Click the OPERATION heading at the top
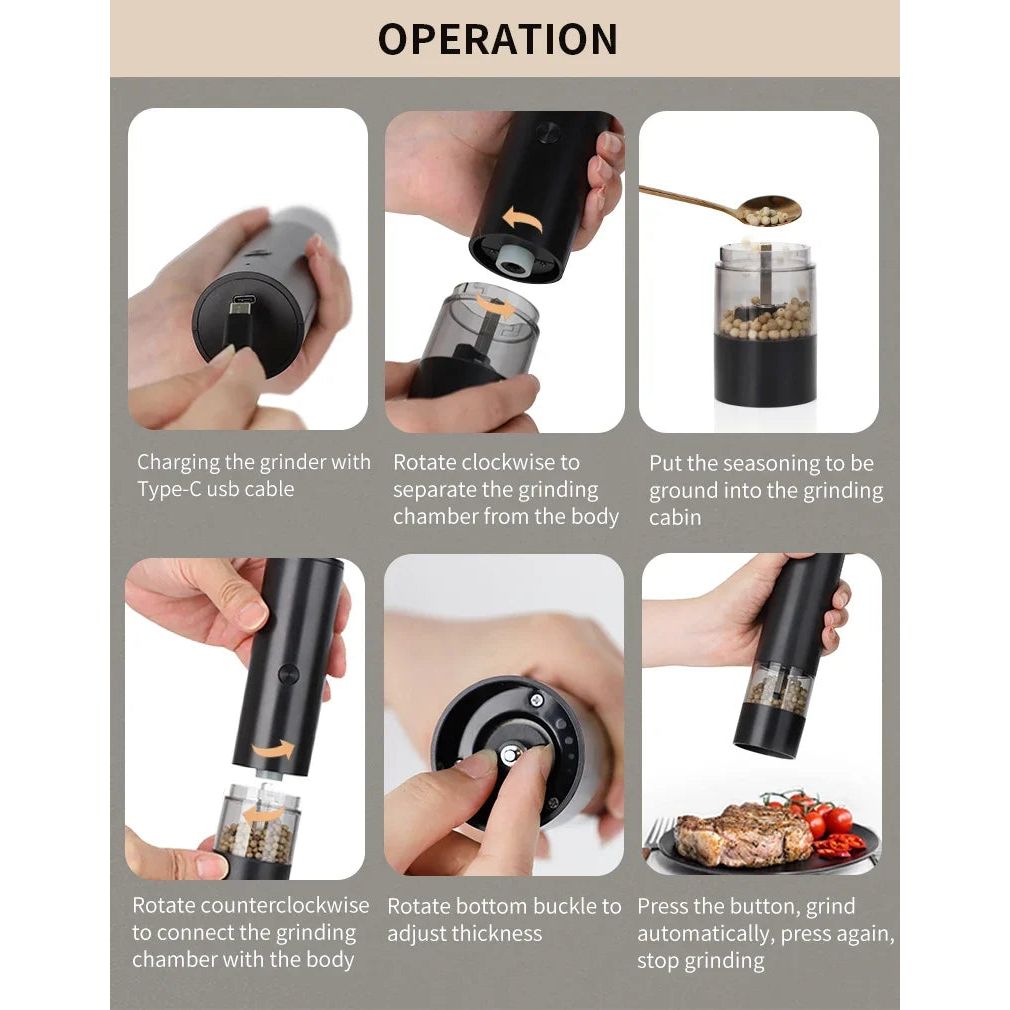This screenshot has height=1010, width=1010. coord(497,39)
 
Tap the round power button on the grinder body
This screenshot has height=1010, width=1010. coord(288,673)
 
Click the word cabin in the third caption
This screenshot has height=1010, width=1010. coord(675,517)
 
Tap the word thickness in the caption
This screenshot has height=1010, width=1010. coord(494,933)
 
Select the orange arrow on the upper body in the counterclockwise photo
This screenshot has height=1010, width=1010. coord(273,749)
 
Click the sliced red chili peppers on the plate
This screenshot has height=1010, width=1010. coord(838,846)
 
